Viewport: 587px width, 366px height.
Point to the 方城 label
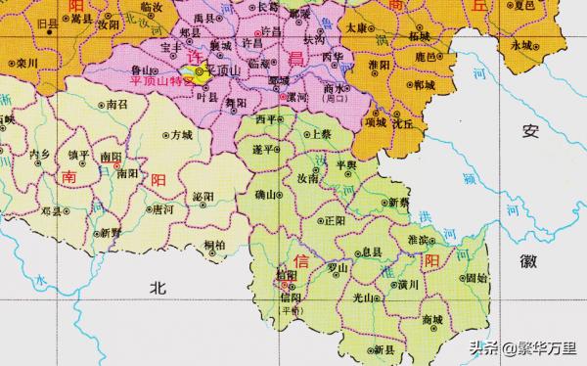pyautogui.click(x=181, y=136)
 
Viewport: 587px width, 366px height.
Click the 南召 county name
pyautogui.click(x=117, y=104)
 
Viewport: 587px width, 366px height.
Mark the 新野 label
pyautogui.click(x=110, y=233)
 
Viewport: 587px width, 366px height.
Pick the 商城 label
pyautogui.click(x=431, y=320)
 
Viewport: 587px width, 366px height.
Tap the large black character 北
pyautogui.click(x=158, y=287)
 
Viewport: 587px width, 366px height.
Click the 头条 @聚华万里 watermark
pyautogui.click(x=525, y=347)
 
